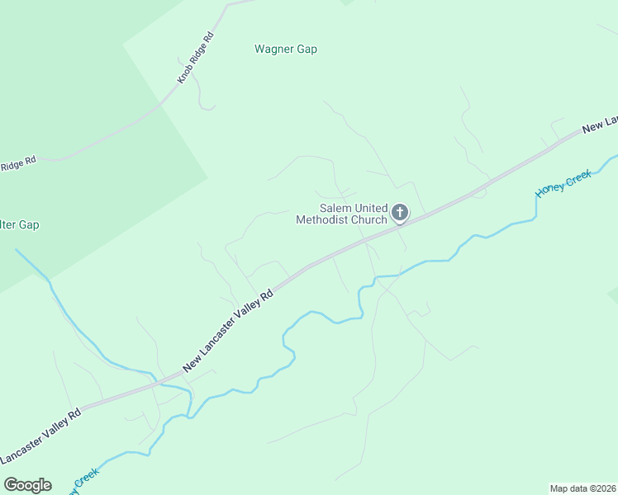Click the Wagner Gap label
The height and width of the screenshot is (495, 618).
click(286, 49)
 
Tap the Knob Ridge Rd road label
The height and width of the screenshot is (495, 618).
click(196, 58)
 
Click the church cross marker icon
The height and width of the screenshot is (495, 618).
click(400, 213)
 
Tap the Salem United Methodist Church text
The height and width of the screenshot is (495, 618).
click(342, 214)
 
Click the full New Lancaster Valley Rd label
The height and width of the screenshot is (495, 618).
click(228, 330)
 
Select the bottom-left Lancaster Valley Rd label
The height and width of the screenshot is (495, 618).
click(40, 436)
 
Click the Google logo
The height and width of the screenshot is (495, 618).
click(27, 485)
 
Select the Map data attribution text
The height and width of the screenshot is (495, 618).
click(582, 488)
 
